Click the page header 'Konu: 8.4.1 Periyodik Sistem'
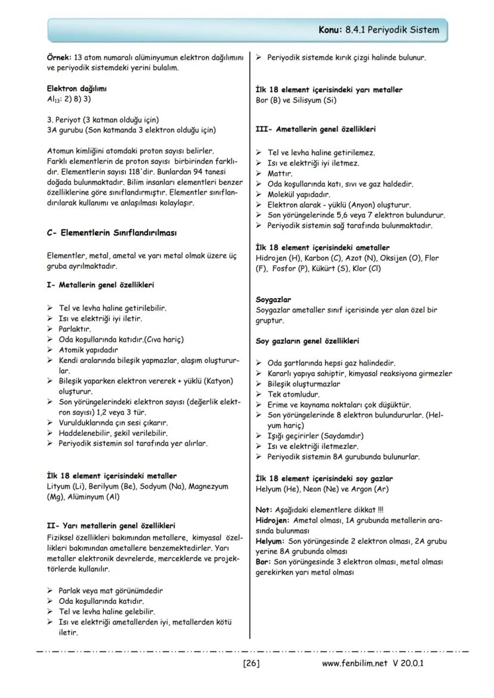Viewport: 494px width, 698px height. coord(379,29)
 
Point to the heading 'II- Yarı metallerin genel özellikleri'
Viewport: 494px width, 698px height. coord(111,526)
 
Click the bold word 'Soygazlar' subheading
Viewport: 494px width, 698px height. coord(273,299)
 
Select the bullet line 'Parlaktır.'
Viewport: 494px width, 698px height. coord(75,329)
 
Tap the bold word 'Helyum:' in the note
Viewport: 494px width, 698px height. coord(270,541)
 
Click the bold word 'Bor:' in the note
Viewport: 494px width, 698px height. coord(263,562)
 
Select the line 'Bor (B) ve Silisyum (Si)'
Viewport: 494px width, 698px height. coord(295,100)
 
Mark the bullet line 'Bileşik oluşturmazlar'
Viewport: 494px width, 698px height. coord(304,384)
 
